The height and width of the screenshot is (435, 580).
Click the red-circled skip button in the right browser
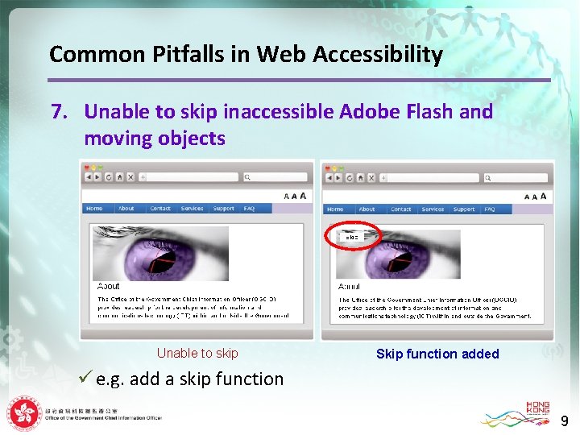tap(351, 236)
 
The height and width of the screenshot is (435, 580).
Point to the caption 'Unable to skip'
tap(197, 353)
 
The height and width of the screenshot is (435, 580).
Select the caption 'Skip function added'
tap(437, 354)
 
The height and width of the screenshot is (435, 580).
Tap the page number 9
tap(565, 420)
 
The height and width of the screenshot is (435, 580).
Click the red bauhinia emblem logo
tap(25, 414)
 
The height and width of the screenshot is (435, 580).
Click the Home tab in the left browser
tap(94, 209)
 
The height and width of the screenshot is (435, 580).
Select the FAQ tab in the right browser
tap(489, 209)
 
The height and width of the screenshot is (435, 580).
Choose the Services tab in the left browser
tap(192, 209)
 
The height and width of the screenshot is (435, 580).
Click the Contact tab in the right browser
tap(400, 209)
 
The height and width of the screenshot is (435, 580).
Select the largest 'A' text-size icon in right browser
tap(544, 196)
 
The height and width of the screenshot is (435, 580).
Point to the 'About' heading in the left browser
tap(108, 286)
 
